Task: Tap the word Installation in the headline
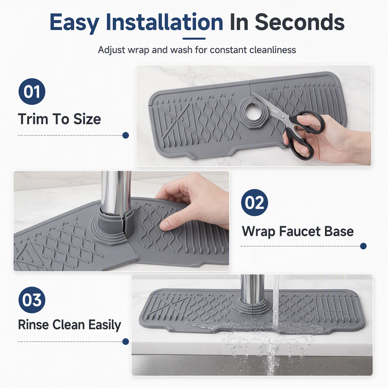(164, 22)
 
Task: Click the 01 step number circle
(32, 92)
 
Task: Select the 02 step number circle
(254, 202)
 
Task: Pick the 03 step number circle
(32, 300)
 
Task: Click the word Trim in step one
(33, 119)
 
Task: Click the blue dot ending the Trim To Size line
(126, 135)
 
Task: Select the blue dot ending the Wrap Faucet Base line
(363, 246)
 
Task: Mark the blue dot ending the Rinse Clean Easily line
(126, 342)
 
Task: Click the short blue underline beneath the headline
(194, 39)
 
